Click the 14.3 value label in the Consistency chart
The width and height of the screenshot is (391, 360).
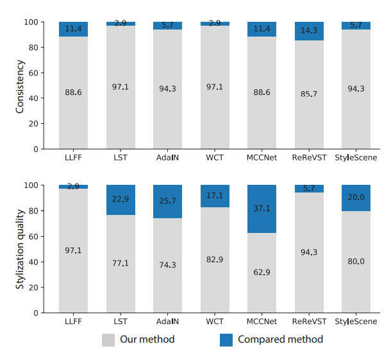coord(309,30)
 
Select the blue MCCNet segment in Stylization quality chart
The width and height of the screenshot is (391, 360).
coord(262,209)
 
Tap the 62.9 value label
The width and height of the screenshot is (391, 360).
coord(262,272)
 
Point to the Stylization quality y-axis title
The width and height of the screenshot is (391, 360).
coord(21,248)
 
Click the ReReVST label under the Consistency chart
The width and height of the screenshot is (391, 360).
coord(309,157)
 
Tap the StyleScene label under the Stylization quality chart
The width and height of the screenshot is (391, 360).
coord(356,320)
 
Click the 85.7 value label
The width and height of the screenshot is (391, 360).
coord(309,94)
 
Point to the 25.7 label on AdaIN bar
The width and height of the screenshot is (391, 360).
coord(167,201)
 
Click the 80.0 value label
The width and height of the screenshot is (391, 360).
coord(356,262)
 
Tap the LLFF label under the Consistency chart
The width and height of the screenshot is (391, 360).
coord(73,157)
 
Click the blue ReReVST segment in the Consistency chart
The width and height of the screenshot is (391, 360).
coord(309,31)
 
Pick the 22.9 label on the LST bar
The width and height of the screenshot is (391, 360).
coord(121,200)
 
